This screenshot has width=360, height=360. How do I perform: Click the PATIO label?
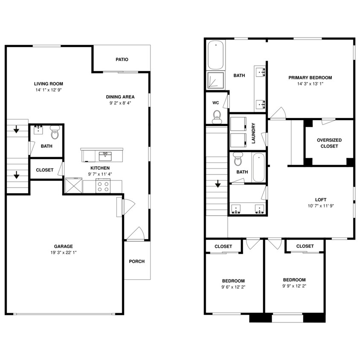pyautogui.click(x=122, y=60)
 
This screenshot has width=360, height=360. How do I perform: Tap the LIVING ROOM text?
pyautogui.click(x=48, y=84)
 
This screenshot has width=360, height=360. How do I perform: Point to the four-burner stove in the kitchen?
pyautogui.click(x=103, y=186)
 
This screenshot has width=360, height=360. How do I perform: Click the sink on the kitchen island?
pyautogui.click(x=105, y=156)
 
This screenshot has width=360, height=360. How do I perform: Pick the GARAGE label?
pyautogui.click(x=63, y=246)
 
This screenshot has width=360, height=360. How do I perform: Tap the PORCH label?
pyautogui.click(x=136, y=261)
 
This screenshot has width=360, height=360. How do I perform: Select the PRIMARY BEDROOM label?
pyautogui.click(x=310, y=78)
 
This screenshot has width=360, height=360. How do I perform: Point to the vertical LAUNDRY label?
pyautogui.click(x=253, y=133)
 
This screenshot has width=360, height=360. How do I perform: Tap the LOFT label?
pyautogui.click(x=321, y=199)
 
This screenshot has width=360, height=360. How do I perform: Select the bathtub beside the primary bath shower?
pyautogui.click(x=216, y=55)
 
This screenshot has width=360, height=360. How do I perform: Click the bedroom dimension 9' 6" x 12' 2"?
pyautogui.click(x=233, y=287)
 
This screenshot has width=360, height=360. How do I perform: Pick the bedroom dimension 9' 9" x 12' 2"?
pyautogui.click(x=294, y=286)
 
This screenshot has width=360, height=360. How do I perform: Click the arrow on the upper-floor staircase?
pyautogui.click(x=218, y=184)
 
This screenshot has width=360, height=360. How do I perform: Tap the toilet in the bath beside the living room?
pyautogui.click(x=55, y=134)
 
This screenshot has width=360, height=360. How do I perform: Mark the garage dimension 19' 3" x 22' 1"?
pyautogui.click(x=63, y=253)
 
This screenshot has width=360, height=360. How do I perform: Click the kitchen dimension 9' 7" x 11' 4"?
pyautogui.click(x=100, y=174)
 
